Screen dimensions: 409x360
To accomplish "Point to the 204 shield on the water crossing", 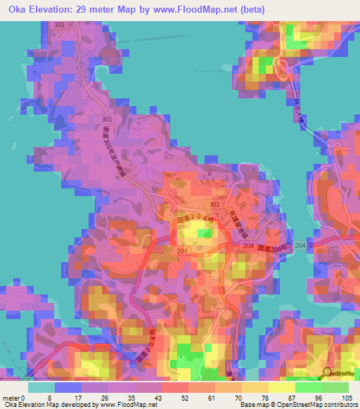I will (x=300, y=245).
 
